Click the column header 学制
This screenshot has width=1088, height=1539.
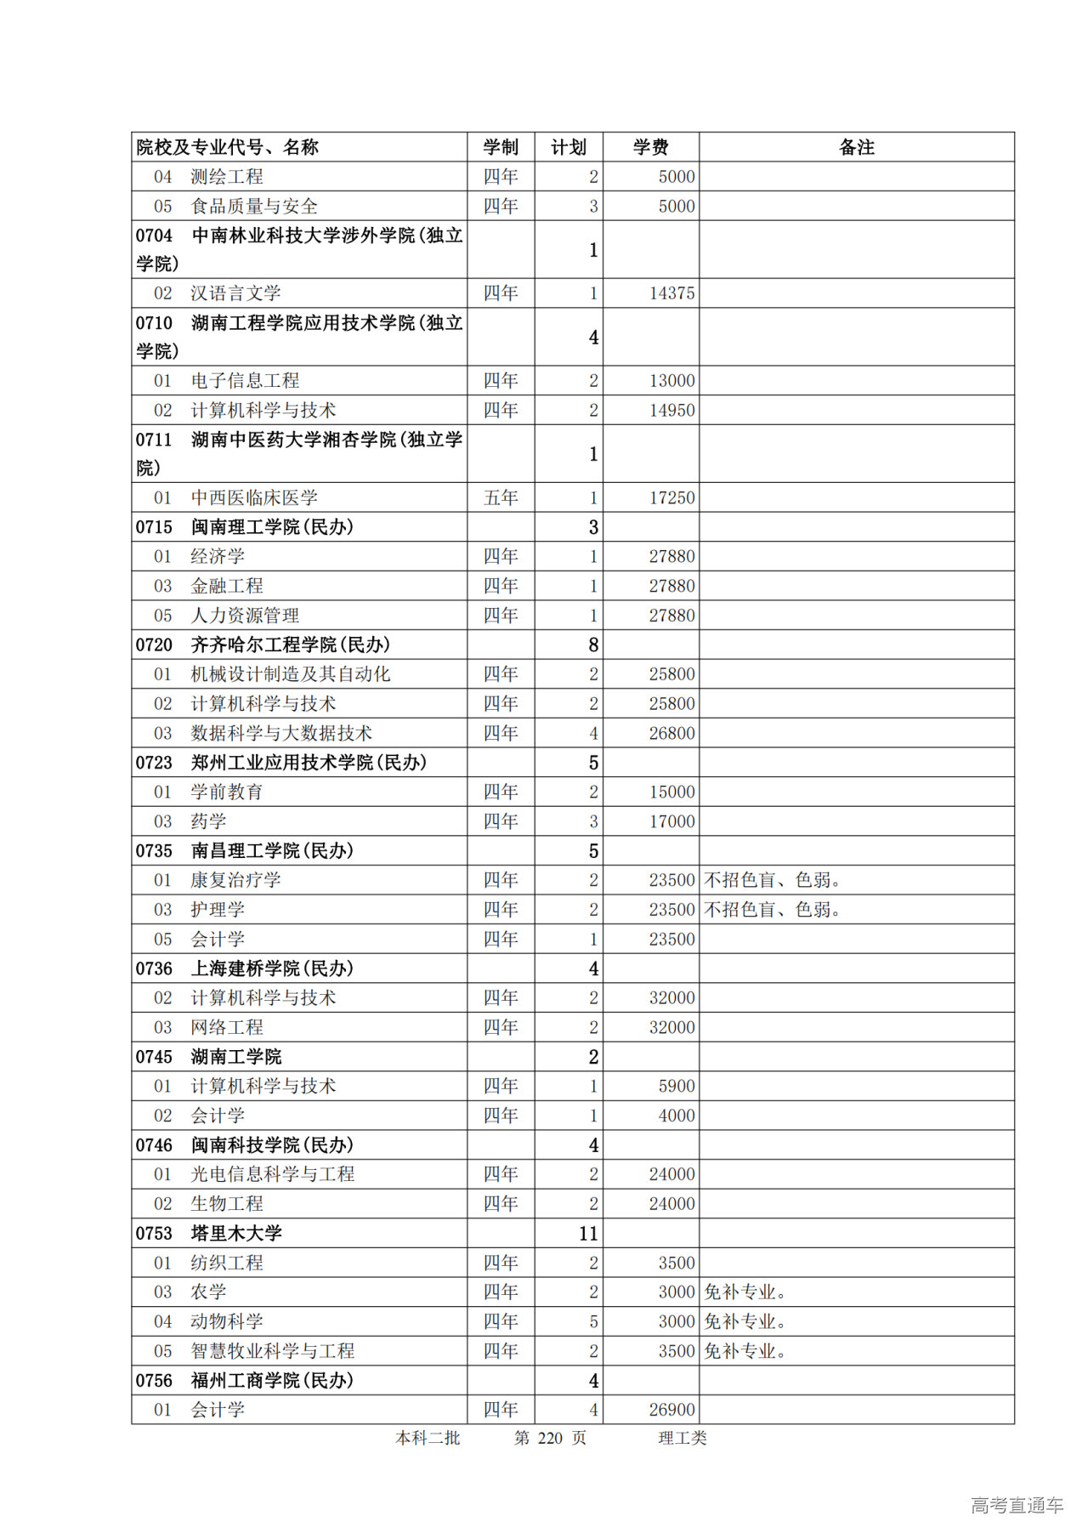pyautogui.click(x=501, y=147)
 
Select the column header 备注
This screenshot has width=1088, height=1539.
pyautogui.click(x=856, y=147)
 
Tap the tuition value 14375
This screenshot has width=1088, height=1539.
pyautogui.click(x=671, y=293)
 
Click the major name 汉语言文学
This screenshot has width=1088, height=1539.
pyautogui.click(x=235, y=293)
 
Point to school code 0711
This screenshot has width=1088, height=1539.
pyautogui.click(x=154, y=440)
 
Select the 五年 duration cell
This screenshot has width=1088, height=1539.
pyautogui.click(x=501, y=497)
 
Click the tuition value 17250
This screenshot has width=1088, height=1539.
pyautogui.click(x=671, y=497)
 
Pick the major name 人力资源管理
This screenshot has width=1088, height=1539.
pyautogui.click(x=245, y=615)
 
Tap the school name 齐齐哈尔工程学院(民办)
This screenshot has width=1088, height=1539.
pyautogui.click(x=290, y=645)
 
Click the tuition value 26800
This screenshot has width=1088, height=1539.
pyautogui.click(x=671, y=733)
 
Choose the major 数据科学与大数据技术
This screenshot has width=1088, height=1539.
pyautogui.click(x=281, y=733)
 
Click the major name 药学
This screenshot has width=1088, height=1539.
pyautogui.click(x=209, y=821)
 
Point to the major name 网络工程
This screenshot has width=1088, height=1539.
pyautogui.click(x=227, y=1027)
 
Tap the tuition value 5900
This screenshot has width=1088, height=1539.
pyautogui.click(x=677, y=1086)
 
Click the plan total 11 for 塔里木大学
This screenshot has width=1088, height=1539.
pyautogui.click(x=588, y=1234)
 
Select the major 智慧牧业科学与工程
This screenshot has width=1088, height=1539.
pyautogui.click(x=272, y=1351)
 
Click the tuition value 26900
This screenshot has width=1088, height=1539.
pyautogui.click(x=671, y=1410)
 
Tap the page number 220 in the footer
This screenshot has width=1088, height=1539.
pyautogui.click(x=550, y=1438)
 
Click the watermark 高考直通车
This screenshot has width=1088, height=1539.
pyautogui.click(x=1017, y=1506)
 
